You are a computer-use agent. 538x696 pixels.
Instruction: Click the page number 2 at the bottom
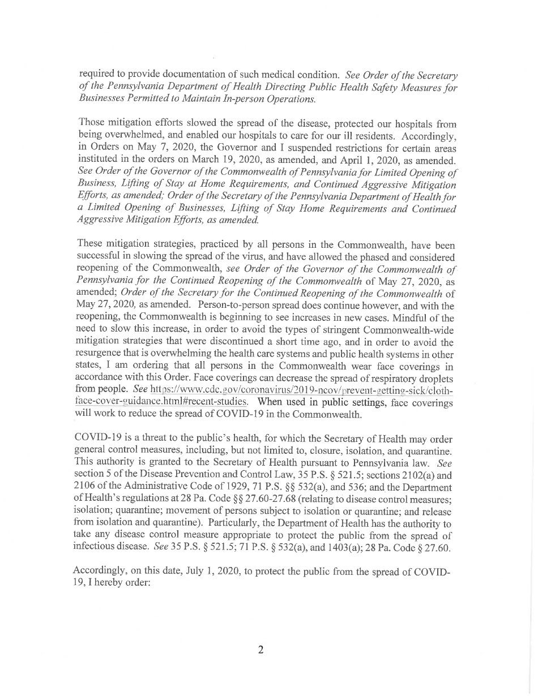coord(261,650)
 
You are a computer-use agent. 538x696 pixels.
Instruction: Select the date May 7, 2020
coord(143,147)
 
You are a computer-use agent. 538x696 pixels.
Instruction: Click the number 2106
coord(85,488)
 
